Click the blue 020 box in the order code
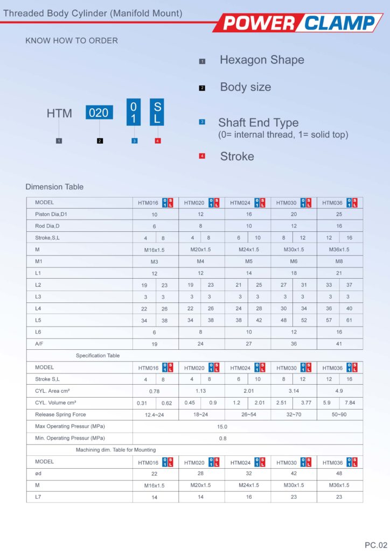[x=99, y=113]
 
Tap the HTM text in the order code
[x=59, y=114]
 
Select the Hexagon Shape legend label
[x=262, y=60]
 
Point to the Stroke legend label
[x=237, y=157]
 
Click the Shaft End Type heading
[x=258, y=123]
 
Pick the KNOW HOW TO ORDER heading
[x=72, y=40]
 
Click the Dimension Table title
[x=54, y=187]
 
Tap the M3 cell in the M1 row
[x=155, y=262]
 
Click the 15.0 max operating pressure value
[x=222, y=427]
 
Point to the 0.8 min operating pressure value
[x=222, y=439]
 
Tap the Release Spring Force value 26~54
[x=248, y=415]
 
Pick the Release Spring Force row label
[x=60, y=415]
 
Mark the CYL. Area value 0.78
[x=155, y=391]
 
